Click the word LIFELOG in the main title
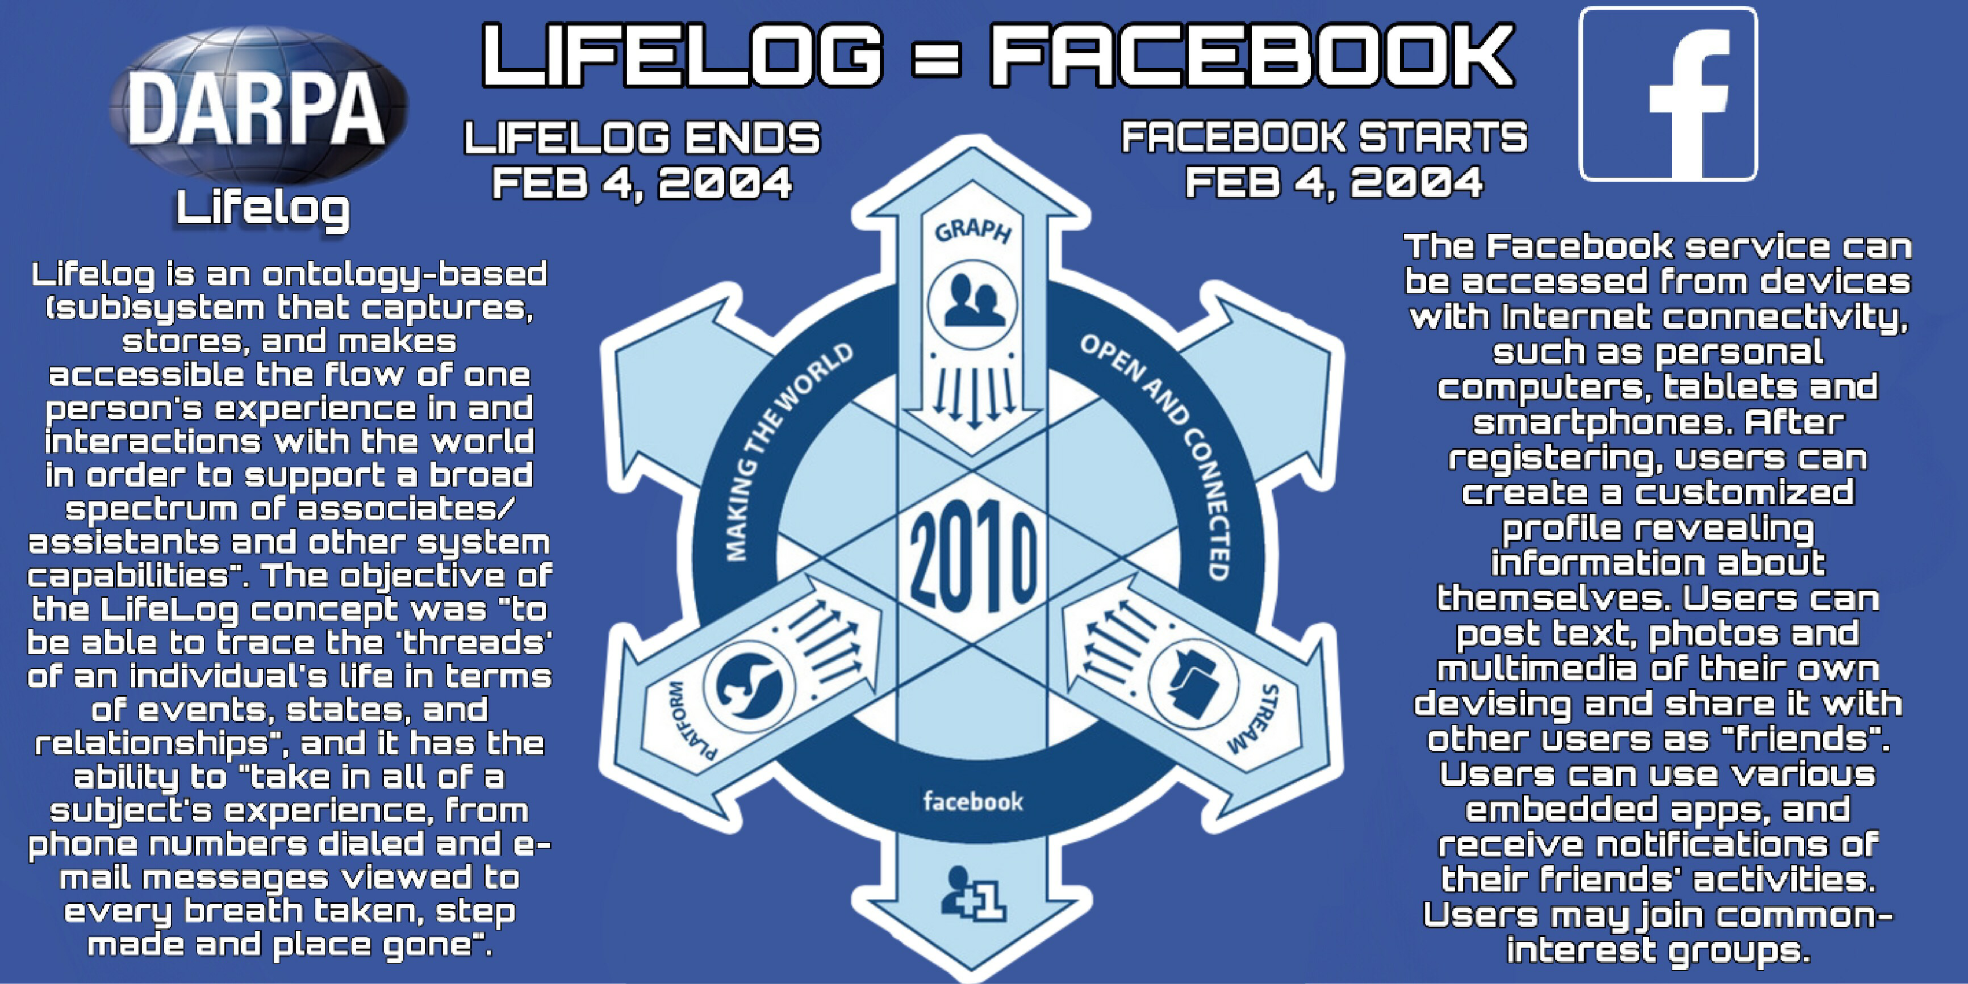point(682,55)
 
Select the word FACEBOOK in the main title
point(1251,55)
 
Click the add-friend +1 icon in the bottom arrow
point(972,894)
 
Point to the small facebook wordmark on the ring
point(972,801)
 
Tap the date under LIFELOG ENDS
point(642,183)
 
